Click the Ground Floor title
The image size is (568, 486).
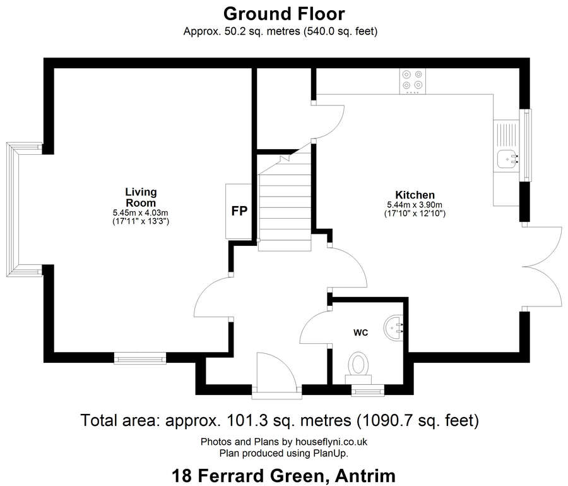pos(283,13)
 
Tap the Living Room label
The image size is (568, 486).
pos(140,197)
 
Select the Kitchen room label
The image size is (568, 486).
pos(415,195)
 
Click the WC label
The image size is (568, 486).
pos(360,332)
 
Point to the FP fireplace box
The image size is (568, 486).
pos(239,212)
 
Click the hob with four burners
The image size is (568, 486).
pos(413,80)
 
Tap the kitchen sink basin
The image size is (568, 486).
pos(507,160)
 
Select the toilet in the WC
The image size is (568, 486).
pos(358,366)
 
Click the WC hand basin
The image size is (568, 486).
pos(397,327)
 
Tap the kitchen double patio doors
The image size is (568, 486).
pos(542,266)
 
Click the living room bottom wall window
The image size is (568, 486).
pos(140,358)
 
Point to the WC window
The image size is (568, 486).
pos(368,392)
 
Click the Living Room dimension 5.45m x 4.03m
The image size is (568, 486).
pos(140,213)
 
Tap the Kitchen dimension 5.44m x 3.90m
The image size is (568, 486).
pos(415,205)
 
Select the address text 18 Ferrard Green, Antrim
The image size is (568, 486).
pos(283,475)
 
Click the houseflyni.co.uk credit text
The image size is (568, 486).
pos(283,442)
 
